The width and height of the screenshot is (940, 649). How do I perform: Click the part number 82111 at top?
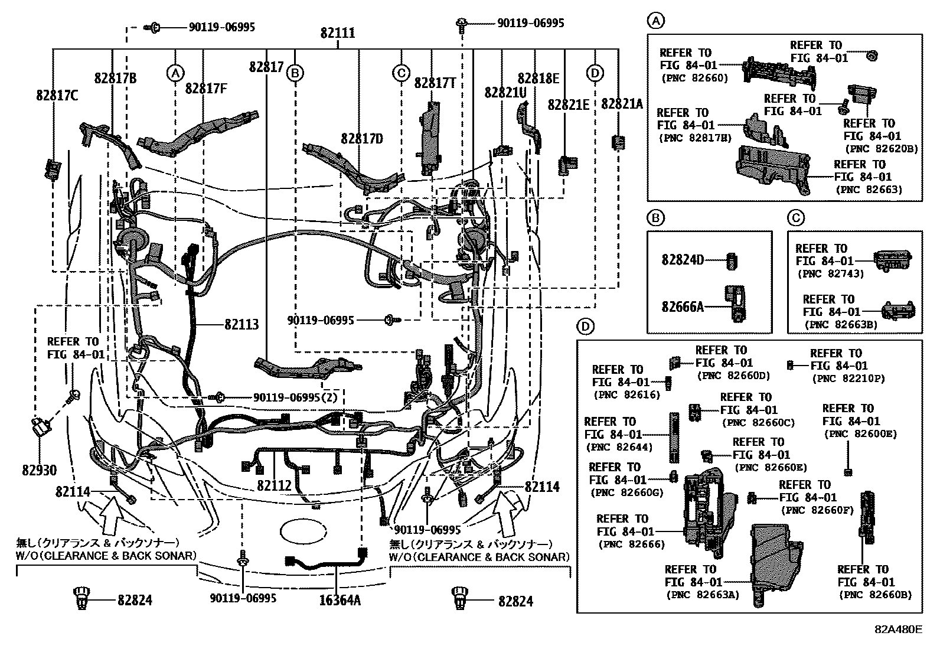coord(338,32)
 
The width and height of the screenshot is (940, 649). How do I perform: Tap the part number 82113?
coord(241,325)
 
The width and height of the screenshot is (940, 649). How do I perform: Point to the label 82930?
coord(40,471)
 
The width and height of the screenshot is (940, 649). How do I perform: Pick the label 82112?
coord(274,485)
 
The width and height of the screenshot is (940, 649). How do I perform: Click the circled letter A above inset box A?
coord(656,21)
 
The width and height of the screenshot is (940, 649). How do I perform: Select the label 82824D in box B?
coord(683,260)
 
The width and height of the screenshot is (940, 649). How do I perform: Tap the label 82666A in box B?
coord(683,306)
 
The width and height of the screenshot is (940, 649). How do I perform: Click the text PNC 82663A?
coord(703,595)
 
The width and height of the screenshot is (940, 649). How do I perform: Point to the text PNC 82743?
coord(830,274)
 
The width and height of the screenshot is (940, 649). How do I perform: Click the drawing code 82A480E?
coord(898,629)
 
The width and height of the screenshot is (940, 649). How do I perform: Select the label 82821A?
coord(622,104)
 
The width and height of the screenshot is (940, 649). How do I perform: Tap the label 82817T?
coord(435,83)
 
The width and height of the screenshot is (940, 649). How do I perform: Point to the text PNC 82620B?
coord(881,149)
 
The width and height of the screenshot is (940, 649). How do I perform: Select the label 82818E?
coord(538,79)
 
